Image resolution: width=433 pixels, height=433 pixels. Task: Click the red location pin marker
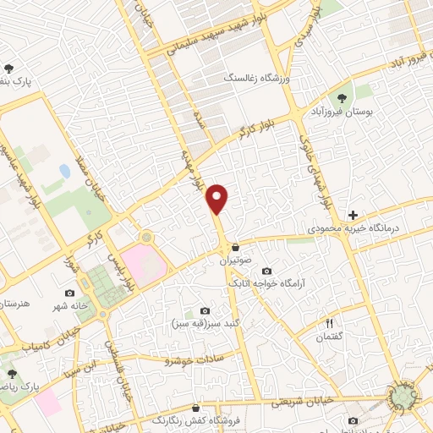pyautogui.click(x=219, y=198)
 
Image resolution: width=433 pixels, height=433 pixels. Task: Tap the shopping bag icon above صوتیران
pyautogui.click(x=235, y=248)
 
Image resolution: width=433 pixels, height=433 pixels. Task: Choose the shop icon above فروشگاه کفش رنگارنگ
pyautogui.click(x=196, y=407)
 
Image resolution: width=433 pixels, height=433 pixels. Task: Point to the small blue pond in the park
pyautogui.click(x=65, y=171)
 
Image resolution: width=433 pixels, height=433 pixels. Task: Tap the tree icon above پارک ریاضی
pyautogui.click(x=11, y=373)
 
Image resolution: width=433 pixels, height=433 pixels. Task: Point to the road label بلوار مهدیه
pyautogui.click(x=195, y=170)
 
